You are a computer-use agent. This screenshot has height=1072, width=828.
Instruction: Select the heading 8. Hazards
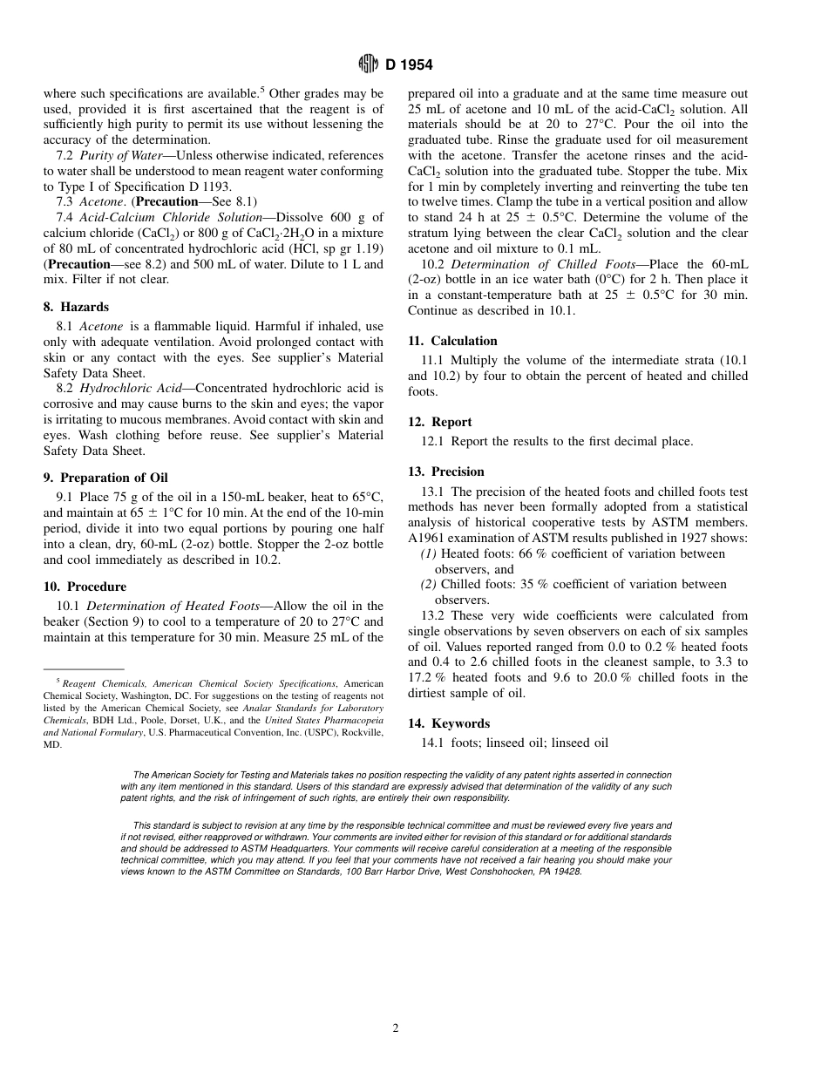[x=76, y=307]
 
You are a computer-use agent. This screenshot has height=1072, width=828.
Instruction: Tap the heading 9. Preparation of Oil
[x=105, y=478]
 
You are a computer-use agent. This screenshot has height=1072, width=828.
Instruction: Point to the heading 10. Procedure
[x=85, y=587]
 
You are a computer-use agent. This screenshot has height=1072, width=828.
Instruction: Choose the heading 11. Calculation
[x=452, y=341]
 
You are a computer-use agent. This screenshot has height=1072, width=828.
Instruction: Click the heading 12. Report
[x=440, y=422]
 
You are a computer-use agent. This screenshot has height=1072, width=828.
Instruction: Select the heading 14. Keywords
[x=449, y=723]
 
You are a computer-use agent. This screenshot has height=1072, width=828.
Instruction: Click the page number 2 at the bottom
[x=395, y=1028]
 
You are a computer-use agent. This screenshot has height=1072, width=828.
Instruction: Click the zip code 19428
[x=567, y=871]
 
